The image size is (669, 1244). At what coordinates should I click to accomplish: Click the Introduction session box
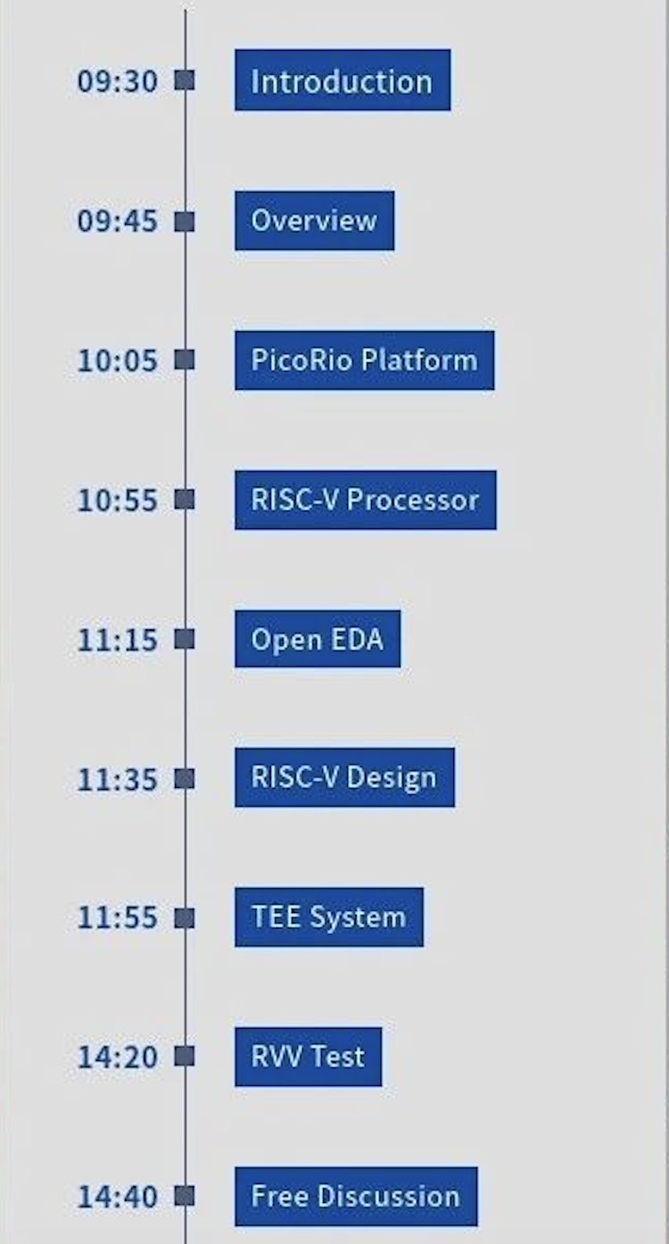[343, 80]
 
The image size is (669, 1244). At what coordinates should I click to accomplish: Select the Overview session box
[314, 220]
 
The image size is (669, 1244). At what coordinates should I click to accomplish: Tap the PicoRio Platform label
[364, 361]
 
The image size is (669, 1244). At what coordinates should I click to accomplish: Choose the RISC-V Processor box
[365, 500]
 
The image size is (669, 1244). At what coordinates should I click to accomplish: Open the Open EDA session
[317, 639]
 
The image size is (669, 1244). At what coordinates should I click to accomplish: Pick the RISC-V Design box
[344, 777]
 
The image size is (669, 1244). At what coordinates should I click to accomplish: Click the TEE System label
[328, 916]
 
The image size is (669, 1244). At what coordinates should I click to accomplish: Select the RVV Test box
[308, 1057]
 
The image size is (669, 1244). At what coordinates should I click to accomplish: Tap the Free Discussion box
[356, 1196]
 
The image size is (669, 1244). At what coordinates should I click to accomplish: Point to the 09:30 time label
[117, 81]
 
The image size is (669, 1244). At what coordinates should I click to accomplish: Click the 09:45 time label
[117, 221]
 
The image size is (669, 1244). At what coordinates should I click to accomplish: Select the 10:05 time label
[117, 361]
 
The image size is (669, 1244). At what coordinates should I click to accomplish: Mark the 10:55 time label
[117, 501]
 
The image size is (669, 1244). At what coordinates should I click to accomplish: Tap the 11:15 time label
[117, 640]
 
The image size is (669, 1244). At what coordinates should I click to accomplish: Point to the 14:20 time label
[117, 1057]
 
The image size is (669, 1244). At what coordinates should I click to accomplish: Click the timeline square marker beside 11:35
[185, 779]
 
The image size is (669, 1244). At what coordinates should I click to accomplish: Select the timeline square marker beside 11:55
[185, 918]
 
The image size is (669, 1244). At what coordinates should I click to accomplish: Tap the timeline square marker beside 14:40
[185, 1197]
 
